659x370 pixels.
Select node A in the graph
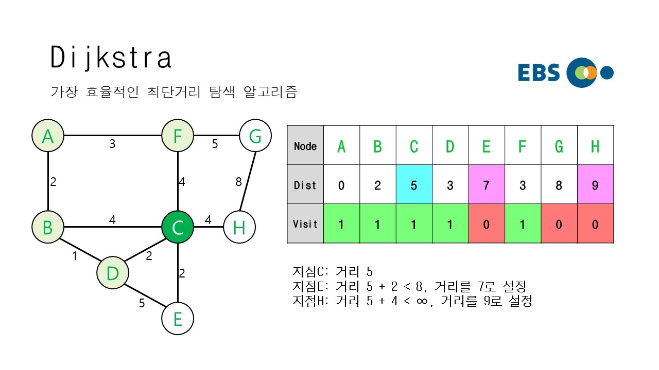(x=48, y=136)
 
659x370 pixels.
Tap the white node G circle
(x=255, y=136)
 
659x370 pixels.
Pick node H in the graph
(x=239, y=227)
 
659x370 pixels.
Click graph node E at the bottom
(x=178, y=319)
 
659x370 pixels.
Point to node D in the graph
(x=112, y=273)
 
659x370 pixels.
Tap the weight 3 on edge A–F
(x=112, y=144)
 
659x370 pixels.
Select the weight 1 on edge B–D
(x=75, y=255)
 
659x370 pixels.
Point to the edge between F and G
(x=216, y=136)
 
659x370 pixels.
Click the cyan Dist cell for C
(x=414, y=185)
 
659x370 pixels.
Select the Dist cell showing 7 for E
(x=487, y=185)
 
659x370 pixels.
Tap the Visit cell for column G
(x=559, y=224)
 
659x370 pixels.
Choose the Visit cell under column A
(x=341, y=224)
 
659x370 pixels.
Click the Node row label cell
(x=305, y=146)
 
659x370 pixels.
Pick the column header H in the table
(x=595, y=146)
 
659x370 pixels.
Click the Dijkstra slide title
(x=111, y=58)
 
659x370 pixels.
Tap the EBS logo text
(x=539, y=73)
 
